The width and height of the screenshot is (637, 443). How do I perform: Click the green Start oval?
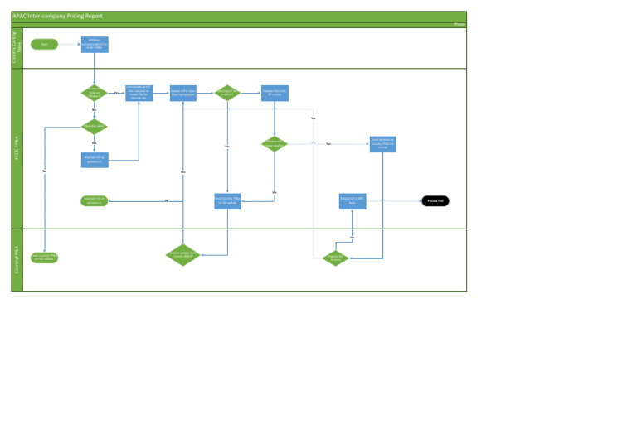[x=45, y=44]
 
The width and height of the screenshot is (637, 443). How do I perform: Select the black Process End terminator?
[x=435, y=200]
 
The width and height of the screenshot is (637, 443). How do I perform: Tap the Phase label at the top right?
[x=460, y=25]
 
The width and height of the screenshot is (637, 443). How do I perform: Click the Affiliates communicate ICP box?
[x=95, y=44]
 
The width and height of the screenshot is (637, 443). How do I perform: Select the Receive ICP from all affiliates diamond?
[x=95, y=93]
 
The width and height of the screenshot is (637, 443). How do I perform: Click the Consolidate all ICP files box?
[x=139, y=93]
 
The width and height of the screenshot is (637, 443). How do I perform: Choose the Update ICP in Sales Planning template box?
[x=182, y=93]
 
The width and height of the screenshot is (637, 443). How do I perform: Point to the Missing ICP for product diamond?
[x=227, y=93]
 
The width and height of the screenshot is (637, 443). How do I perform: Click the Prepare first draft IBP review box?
[x=274, y=93]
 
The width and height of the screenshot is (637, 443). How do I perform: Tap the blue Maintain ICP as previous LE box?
[x=95, y=159]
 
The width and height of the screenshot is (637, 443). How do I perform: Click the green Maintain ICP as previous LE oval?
[x=95, y=200]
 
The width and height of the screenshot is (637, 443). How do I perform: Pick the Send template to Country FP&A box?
[x=383, y=143]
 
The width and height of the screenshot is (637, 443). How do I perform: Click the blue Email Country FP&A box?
[x=227, y=200]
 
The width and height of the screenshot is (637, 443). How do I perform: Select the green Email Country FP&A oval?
[x=45, y=257]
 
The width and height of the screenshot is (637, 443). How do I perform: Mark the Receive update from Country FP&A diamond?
[x=182, y=255]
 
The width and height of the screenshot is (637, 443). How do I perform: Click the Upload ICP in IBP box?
[x=353, y=200]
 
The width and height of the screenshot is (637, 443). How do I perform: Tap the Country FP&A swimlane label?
[x=17, y=260]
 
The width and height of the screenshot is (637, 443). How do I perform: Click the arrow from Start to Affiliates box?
[x=70, y=44]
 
